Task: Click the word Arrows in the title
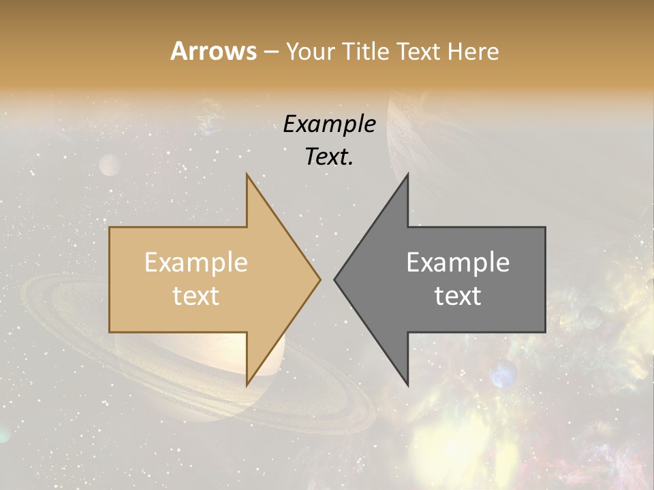pyautogui.click(x=213, y=52)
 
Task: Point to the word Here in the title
pyautogui.click(x=473, y=52)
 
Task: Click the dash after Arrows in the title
pyautogui.click(x=271, y=52)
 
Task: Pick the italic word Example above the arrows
pyautogui.click(x=329, y=125)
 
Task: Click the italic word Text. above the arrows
pyautogui.click(x=329, y=157)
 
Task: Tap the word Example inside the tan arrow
pyautogui.click(x=196, y=263)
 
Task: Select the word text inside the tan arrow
pyautogui.click(x=196, y=296)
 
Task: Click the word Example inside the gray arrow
pyautogui.click(x=458, y=263)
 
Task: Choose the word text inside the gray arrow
pyautogui.click(x=458, y=296)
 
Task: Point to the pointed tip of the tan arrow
pyautogui.click(x=320, y=279)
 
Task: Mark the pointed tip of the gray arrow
pyautogui.click(x=335, y=279)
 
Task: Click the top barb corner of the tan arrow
pyautogui.click(x=247, y=174)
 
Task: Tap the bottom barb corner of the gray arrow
pyautogui.click(x=408, y=385)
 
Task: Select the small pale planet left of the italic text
pyautogui.click(x=109, y=165)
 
